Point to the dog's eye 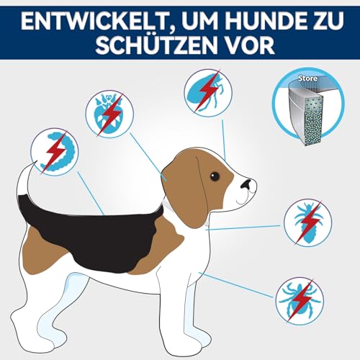(215, 176)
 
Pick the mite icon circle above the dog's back (109, 113)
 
